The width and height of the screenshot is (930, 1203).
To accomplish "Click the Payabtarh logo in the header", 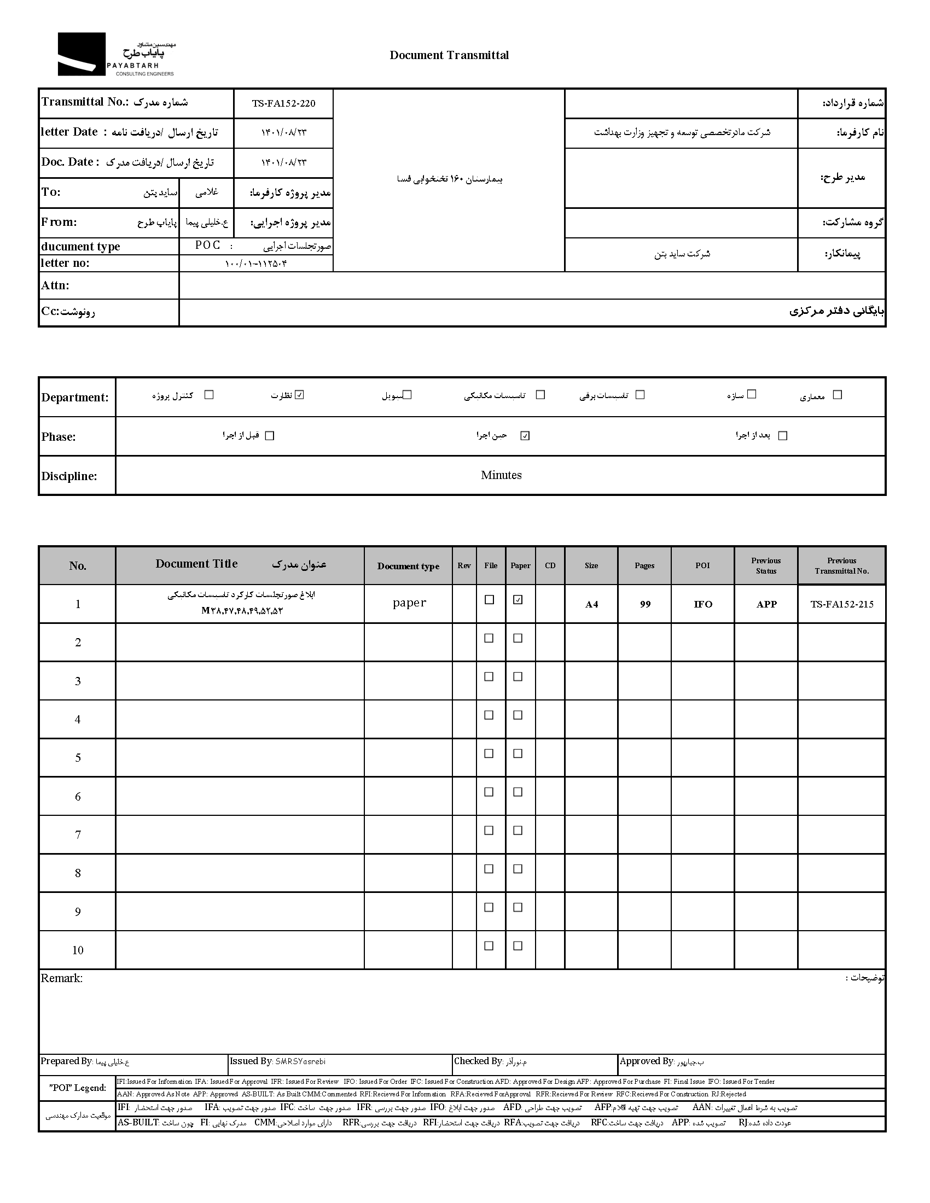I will tap(115, 55).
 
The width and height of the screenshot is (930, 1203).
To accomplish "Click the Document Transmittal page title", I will tap(449, 55).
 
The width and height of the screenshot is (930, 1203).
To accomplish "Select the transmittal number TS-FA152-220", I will tap(284, 103).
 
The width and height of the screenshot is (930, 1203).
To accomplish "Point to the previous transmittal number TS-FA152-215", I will tap(842, 604).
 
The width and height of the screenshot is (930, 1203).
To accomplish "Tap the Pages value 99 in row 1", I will tap(645, 604).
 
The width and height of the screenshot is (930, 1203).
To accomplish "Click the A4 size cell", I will tap(591, 604).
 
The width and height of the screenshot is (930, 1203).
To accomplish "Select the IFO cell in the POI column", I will tap(703, 604).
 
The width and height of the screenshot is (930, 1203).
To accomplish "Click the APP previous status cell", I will tap(766, 604).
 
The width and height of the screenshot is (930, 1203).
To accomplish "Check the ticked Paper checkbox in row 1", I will tap(518, 600).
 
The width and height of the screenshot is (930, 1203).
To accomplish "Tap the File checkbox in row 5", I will tap(489, 754).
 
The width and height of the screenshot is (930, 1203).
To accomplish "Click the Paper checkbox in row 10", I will tap(518, 946).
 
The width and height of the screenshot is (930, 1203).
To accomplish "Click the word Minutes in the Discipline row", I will tap(501, 475).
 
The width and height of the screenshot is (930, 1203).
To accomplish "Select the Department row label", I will tap(75, 398).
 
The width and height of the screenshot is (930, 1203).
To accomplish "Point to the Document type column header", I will tap(408, 567).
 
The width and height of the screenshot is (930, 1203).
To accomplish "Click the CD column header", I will tap(550, 566).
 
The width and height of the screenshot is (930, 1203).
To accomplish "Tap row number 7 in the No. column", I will tap(78, 835).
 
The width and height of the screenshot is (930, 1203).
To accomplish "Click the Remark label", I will tap(62, 978).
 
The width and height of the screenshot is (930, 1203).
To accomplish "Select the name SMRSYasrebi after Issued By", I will tap(300, 1061).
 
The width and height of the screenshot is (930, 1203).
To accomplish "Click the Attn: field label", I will tap(55, 285).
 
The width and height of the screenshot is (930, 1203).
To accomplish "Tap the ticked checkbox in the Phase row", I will tap(525, 436).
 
